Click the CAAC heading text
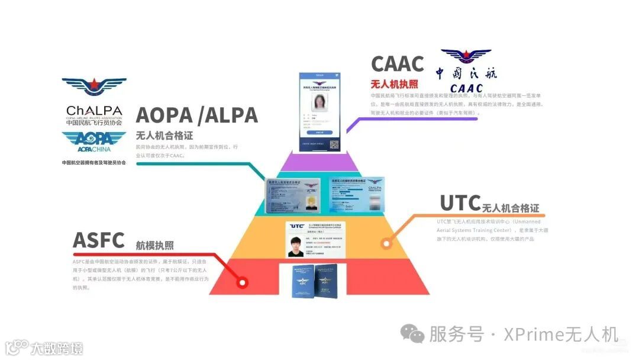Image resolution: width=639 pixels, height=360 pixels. click(398, 64)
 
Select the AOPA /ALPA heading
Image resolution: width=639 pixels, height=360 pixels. click(196, 115)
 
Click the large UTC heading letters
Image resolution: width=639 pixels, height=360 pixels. click(459, 203)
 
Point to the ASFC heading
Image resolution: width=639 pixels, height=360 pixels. click(98, 241)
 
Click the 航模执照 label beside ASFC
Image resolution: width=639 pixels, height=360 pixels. click(154, 245)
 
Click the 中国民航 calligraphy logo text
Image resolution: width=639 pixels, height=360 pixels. click(466, 73)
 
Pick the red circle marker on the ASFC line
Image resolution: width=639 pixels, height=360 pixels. click(241, 282)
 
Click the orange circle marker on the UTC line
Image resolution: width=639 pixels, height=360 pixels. click(386, 243)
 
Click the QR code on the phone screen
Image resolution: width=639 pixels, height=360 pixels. click(334, 144)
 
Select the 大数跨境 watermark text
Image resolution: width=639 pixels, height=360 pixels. click(57, 348)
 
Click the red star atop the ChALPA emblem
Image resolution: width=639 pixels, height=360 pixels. click(93, 85)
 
